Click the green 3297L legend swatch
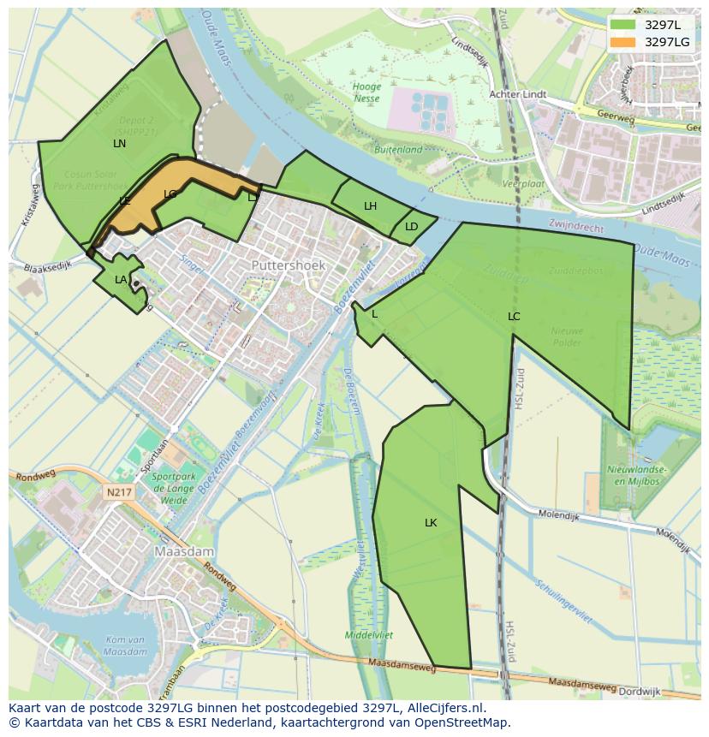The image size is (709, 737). click(623, 25)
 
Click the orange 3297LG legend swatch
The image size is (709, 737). click(623, 42)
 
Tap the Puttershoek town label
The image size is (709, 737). click(289, 266)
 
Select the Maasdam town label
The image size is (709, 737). click(183, 552)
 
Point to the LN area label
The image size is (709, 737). click(119, 144)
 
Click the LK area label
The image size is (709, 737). click(431, 522)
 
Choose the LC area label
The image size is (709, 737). click(514, 317)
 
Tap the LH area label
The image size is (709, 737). click(370, 206)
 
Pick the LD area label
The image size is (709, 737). click(411, 227)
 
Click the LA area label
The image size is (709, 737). click(121, 280)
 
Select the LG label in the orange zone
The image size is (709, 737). click(170, 194)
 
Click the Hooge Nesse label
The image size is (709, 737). click(366, 92)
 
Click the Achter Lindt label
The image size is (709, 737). click(516, 94)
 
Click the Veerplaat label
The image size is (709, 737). click(523, 184)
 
